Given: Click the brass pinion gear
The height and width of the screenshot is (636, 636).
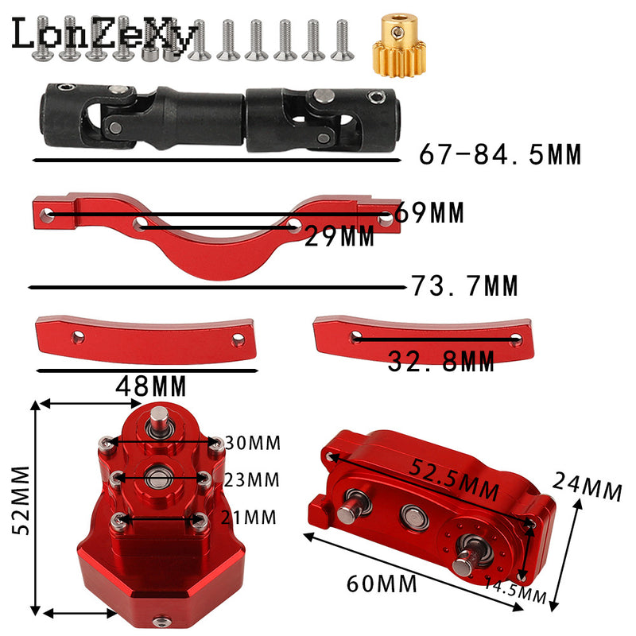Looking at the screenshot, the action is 399,45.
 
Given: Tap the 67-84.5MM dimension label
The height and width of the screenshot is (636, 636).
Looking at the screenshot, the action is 500,154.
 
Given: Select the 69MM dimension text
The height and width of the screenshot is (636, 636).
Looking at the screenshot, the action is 429,212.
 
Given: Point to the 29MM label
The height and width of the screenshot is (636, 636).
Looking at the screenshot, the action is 339,236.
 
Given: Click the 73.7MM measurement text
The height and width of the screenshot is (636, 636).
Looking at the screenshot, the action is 465,285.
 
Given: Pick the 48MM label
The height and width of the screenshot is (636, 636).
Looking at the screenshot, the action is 151,386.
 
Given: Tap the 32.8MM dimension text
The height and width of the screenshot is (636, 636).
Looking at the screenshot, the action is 441,362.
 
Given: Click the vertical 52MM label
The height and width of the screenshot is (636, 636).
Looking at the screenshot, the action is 21,500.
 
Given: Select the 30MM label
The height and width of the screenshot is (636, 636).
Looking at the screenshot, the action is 253,443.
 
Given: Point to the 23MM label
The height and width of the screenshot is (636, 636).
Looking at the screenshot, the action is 252,480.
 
